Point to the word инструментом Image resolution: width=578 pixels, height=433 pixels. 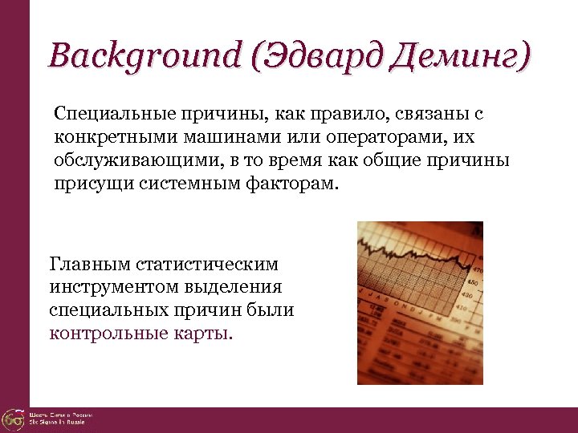point(109,286)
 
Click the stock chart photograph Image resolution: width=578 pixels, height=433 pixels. point(420,302)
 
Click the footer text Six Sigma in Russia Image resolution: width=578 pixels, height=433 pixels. point(61,422)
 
